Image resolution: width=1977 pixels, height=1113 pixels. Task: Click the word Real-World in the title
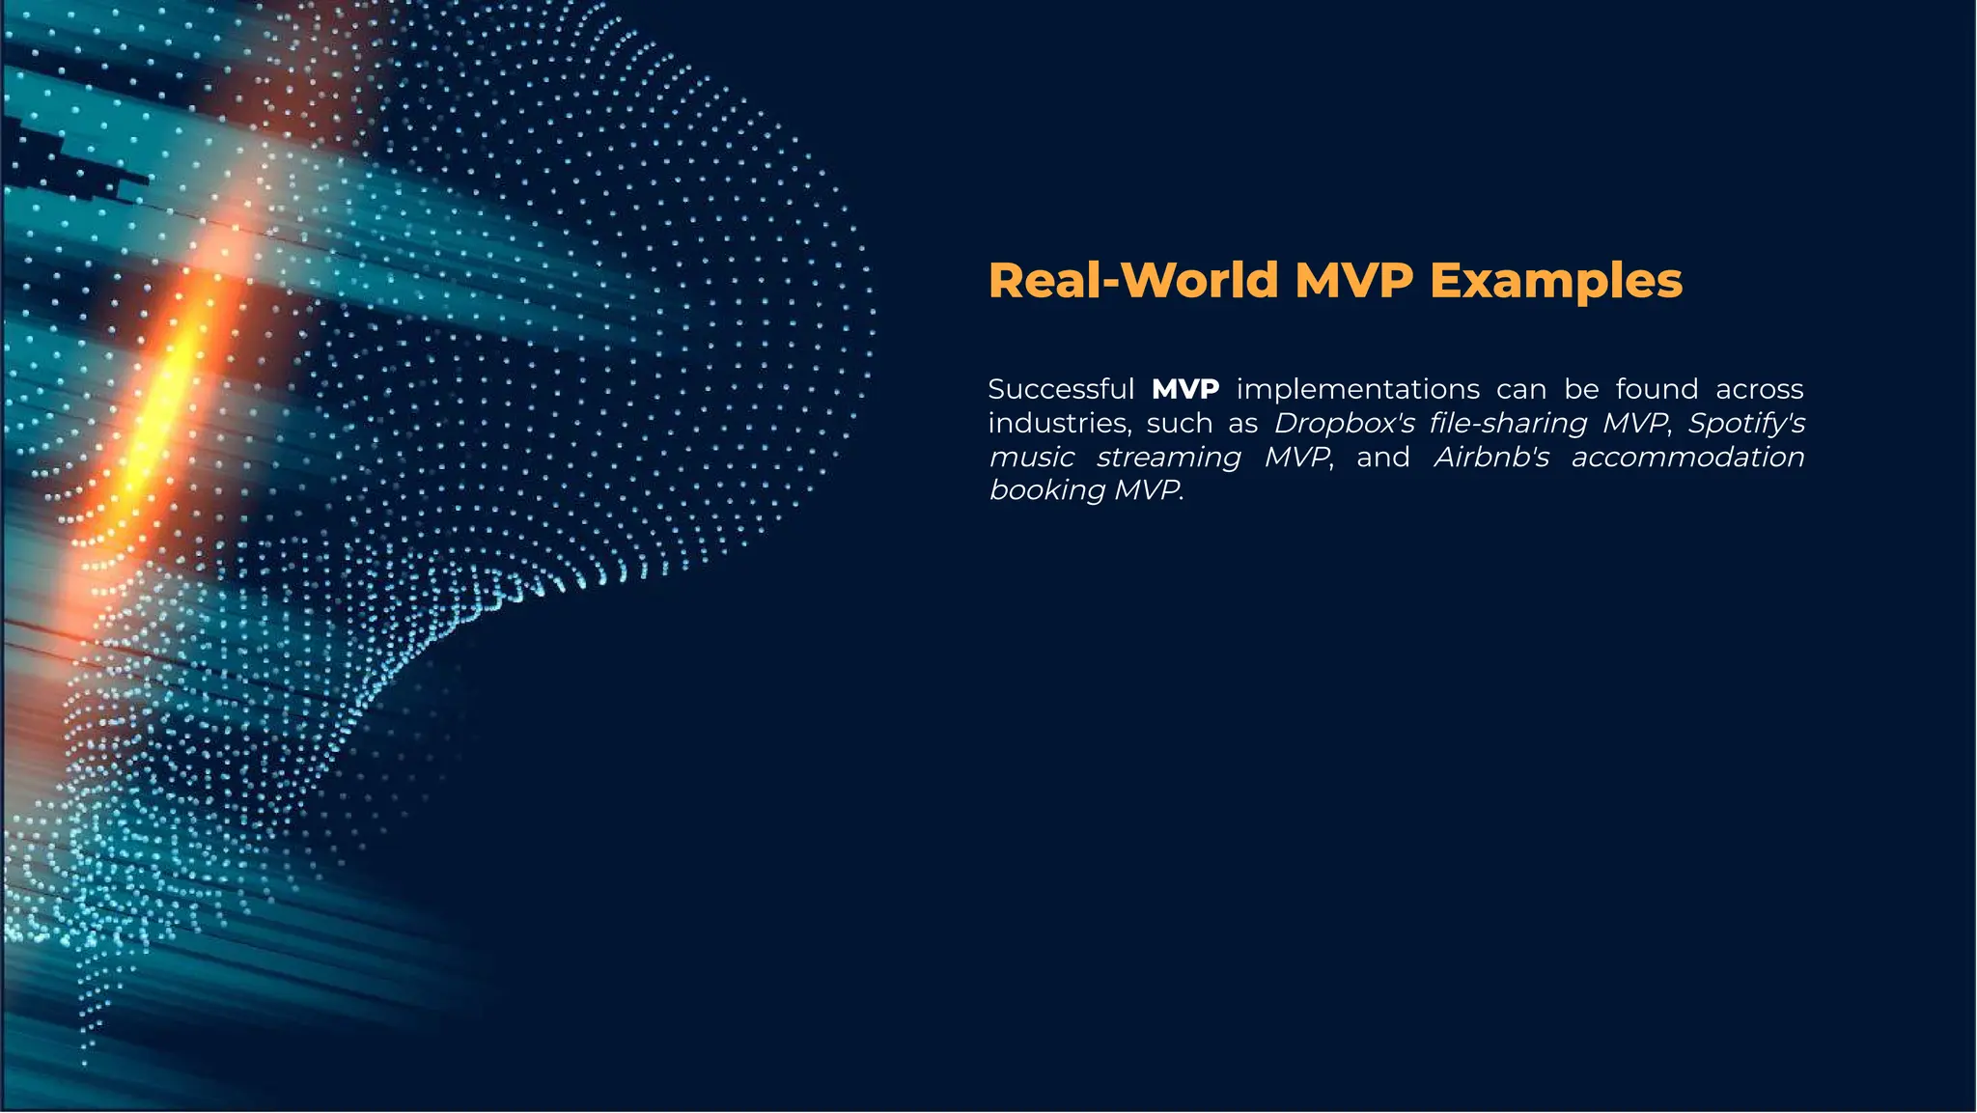(x=1133, y=281)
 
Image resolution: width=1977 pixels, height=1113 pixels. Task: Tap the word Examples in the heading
(x=1555, y=281)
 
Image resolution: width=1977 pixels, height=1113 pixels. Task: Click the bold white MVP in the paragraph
(x=1185, y=389)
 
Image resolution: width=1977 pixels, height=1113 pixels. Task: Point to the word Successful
(x=1061, y=389)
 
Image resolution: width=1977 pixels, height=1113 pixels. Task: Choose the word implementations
(x=1357, y=389)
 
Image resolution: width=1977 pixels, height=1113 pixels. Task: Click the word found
(x=1657, y=389)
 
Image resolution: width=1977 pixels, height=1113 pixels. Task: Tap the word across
(x=1759, y=389)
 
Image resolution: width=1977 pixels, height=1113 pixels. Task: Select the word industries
(x=1059, y=423)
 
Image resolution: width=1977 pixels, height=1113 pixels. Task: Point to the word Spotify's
(x=1745, y=423)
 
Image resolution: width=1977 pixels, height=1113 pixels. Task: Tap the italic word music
(x=1031, y=457)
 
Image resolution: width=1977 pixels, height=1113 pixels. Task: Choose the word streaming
(x=1168, y=458)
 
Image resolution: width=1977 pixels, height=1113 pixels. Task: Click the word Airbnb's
(x=1491, y=457)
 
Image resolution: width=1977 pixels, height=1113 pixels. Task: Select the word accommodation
(x=1687, y=457)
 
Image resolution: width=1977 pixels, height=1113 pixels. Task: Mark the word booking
(x=1046, y=490)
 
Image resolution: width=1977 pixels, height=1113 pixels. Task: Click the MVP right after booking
(x=1146, y=490)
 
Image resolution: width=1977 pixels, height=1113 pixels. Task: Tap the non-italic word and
(x=1382, y=457)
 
